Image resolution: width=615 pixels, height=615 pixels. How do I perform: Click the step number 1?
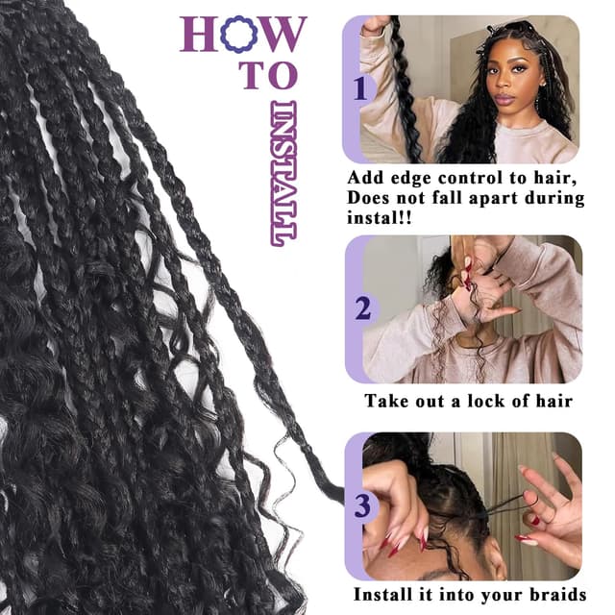click(360, 89)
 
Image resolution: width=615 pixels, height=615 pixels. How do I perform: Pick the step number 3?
click(362, 504)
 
